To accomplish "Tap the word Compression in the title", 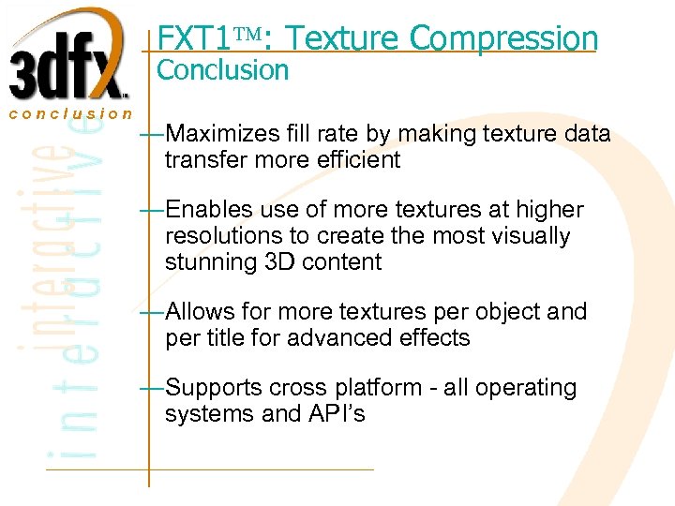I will coord(503,38).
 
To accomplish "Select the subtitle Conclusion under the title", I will coord(222,69).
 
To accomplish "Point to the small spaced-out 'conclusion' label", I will coord(71,113).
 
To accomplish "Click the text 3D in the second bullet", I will coord(278,261).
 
